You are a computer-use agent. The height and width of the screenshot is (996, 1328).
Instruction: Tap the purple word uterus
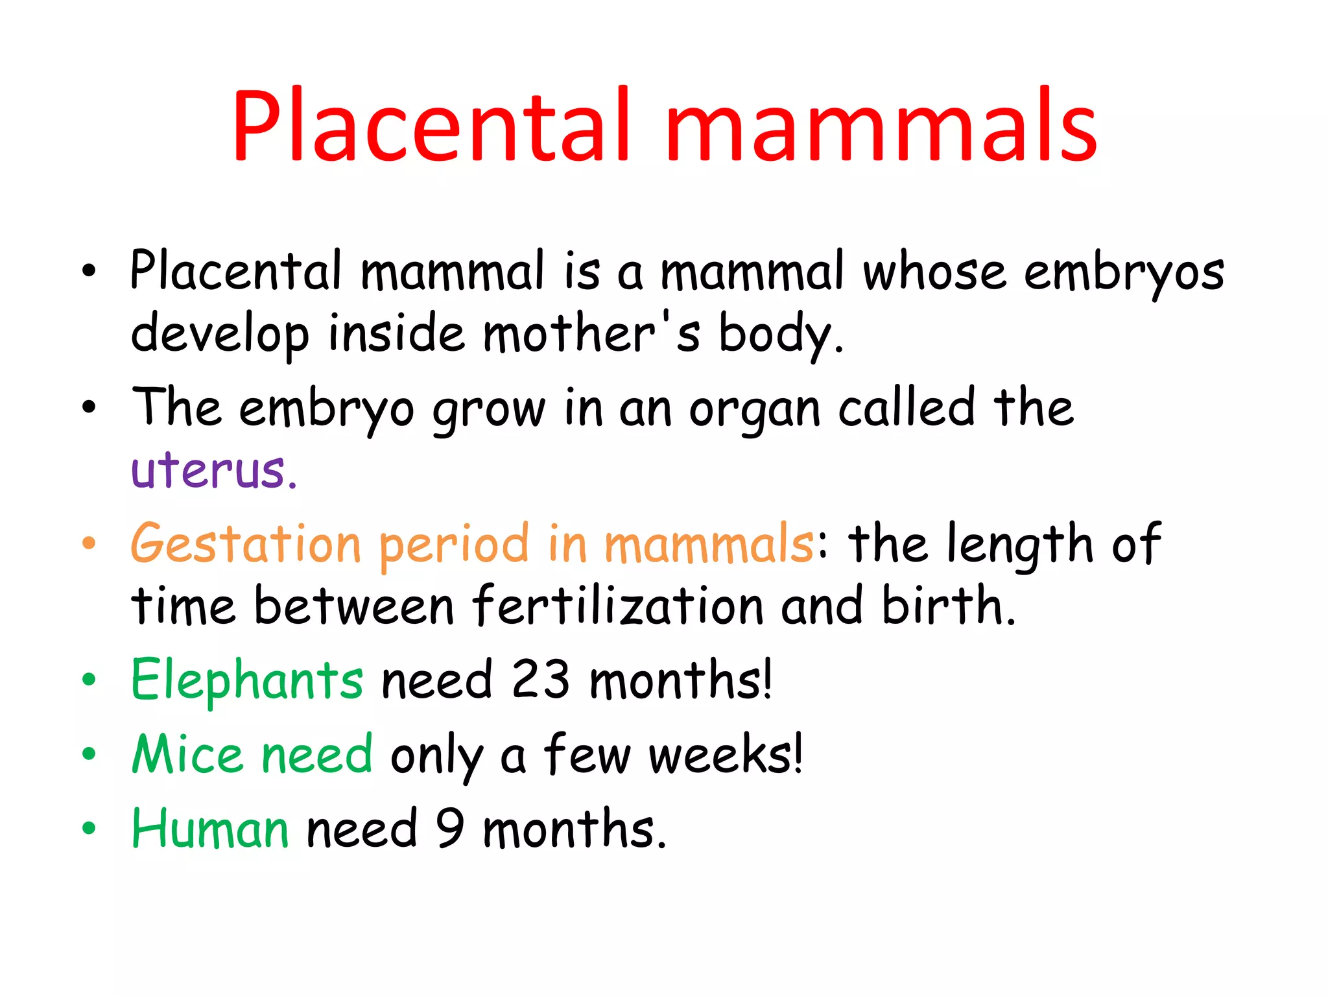pyautogui.click(x=213, y=469)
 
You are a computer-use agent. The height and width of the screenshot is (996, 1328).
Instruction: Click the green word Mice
pyautogui.click(x=187, y=754)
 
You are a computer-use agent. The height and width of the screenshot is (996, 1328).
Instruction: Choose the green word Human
pyautogui.click(x=210, y=829)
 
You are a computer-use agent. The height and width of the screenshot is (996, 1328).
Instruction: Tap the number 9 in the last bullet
pyautogui.click(x=449, y=829)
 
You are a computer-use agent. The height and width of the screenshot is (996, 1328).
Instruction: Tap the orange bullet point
pyautogui.click(x=89, y=543)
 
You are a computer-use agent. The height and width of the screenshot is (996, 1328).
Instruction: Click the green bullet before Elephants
pyautogui.click(x=89, y=680)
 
